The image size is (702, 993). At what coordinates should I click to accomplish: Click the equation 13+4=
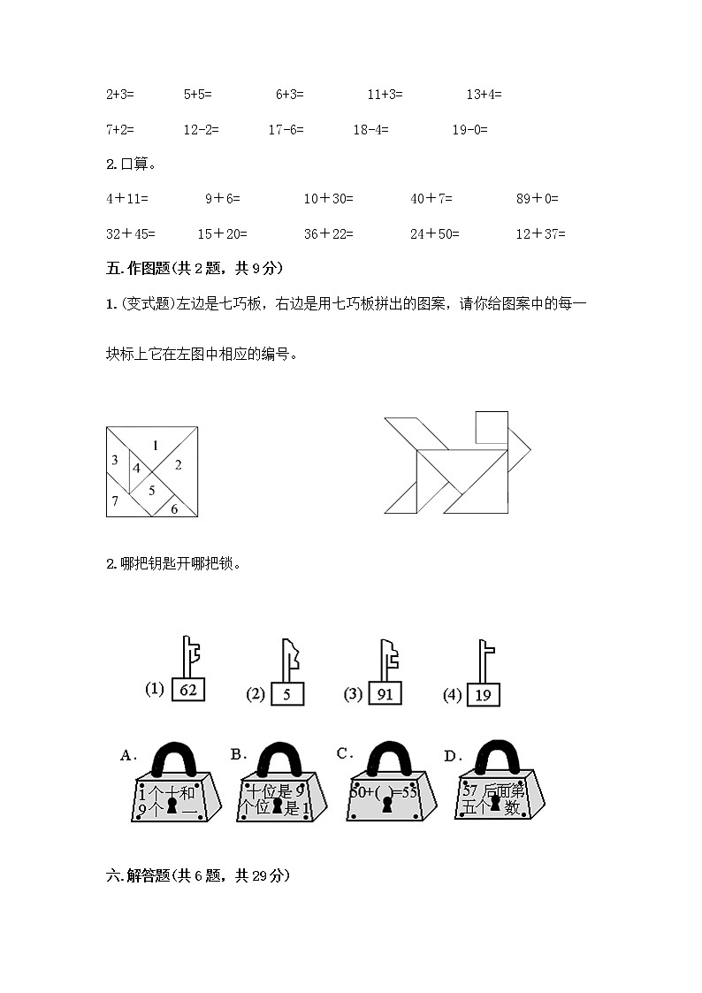pyautogui.click(x=484, y=94)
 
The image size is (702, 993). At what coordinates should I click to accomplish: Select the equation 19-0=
pyautogui.click(x=469, y=129)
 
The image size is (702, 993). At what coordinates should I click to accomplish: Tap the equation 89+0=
pyautogui.click(x=538, y=199)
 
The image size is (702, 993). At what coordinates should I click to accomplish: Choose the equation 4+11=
pyautogui.click(x=127, y=199)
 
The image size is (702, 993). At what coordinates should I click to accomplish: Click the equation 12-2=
pyautogui.click(x=201, y=129)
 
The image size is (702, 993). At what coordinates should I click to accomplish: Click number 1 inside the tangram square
pyautogui.click(x=155, y=446)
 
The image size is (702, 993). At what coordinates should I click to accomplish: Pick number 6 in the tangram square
pyautogui.click(x=174, y=508)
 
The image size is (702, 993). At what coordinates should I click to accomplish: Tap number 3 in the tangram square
pyautogui.click(x=115, y=460)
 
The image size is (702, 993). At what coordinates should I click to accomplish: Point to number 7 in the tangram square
pyautogui.click(x=115, y=501)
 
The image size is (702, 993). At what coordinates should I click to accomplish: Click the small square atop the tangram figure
pyautogui.click(x=492, y=427)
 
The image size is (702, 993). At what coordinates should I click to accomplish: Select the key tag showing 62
pyautogui.click(x=187, y=690)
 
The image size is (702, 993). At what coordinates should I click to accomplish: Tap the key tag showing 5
pyautogui.click(x=287, y=694)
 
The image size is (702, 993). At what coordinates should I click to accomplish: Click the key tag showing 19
pyautogui.click(x=483, y=695)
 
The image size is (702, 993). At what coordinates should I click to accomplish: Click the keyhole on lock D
pyautogui.click(x=496, y=806)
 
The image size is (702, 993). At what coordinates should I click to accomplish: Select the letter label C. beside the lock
pyautogui.click(x=345, y=753)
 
